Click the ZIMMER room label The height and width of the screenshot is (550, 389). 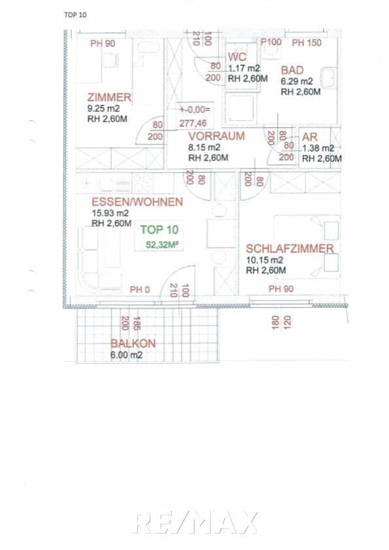pos(109,97)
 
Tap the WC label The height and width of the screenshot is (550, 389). pos(236,57)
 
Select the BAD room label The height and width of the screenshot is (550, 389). pos(292,70)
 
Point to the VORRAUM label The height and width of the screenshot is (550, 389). pos(216,136)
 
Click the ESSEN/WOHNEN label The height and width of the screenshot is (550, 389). pos(137,202)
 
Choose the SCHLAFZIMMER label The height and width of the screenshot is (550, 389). pos(290,248)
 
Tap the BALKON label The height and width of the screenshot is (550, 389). pos(133,344)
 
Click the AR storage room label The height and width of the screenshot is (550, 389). pos(309,137)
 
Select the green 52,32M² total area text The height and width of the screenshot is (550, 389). pos(163,245)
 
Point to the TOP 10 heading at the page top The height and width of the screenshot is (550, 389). pos(75,14)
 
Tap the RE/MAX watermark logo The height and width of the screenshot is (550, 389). pos(195,523)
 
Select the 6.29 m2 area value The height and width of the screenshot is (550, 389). pos(297,82)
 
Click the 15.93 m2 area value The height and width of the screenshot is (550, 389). pos(110,213)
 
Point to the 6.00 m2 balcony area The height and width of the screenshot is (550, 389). pos(126,355)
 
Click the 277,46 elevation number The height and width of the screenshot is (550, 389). pos(193,123)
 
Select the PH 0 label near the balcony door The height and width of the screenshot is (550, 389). pos(139,289)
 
